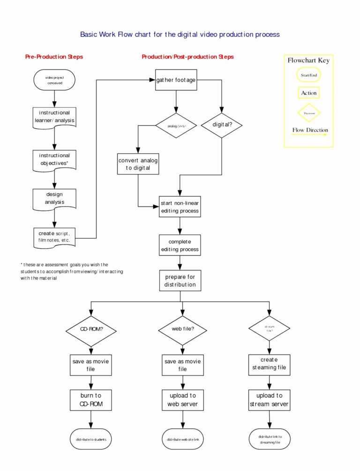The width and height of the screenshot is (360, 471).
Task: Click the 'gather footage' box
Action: (x=176, y=80)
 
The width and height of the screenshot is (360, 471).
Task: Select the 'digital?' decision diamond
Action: (x=221, y=125)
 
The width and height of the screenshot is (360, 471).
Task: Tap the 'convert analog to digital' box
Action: (x=138, y=164)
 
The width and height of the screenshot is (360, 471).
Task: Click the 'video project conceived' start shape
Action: (x=54, y=80)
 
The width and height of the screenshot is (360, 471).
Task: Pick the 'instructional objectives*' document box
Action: (x=54, y=160)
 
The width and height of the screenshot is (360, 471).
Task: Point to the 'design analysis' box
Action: (x=54, y=198)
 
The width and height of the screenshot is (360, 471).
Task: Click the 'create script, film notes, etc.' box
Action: (x=54, y=237)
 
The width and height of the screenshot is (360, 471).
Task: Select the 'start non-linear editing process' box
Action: (x=180, y=207)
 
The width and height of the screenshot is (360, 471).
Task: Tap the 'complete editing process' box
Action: (x=180, y=245)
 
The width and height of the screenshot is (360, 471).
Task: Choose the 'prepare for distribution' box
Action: (x=180, y=281)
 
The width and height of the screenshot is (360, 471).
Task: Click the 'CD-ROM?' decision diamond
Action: (x=91, y=329)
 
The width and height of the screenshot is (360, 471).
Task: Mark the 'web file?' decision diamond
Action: (x=183, y=329)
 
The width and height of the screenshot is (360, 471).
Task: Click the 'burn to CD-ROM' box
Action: (x=91, y=400)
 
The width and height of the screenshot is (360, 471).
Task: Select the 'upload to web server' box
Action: (x=183, y=400)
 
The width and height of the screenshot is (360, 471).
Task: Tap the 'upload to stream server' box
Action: (x=269, y=400)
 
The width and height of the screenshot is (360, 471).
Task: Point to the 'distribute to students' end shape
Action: (x=91, y=440)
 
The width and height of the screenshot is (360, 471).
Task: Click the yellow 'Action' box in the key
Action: (x=309, y=93)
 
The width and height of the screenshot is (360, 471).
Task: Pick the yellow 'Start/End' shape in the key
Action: (x=309, y=75)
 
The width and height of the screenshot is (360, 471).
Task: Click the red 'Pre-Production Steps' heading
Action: (x=54, y=57)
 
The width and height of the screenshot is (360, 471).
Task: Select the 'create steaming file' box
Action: (x=269, y=364)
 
